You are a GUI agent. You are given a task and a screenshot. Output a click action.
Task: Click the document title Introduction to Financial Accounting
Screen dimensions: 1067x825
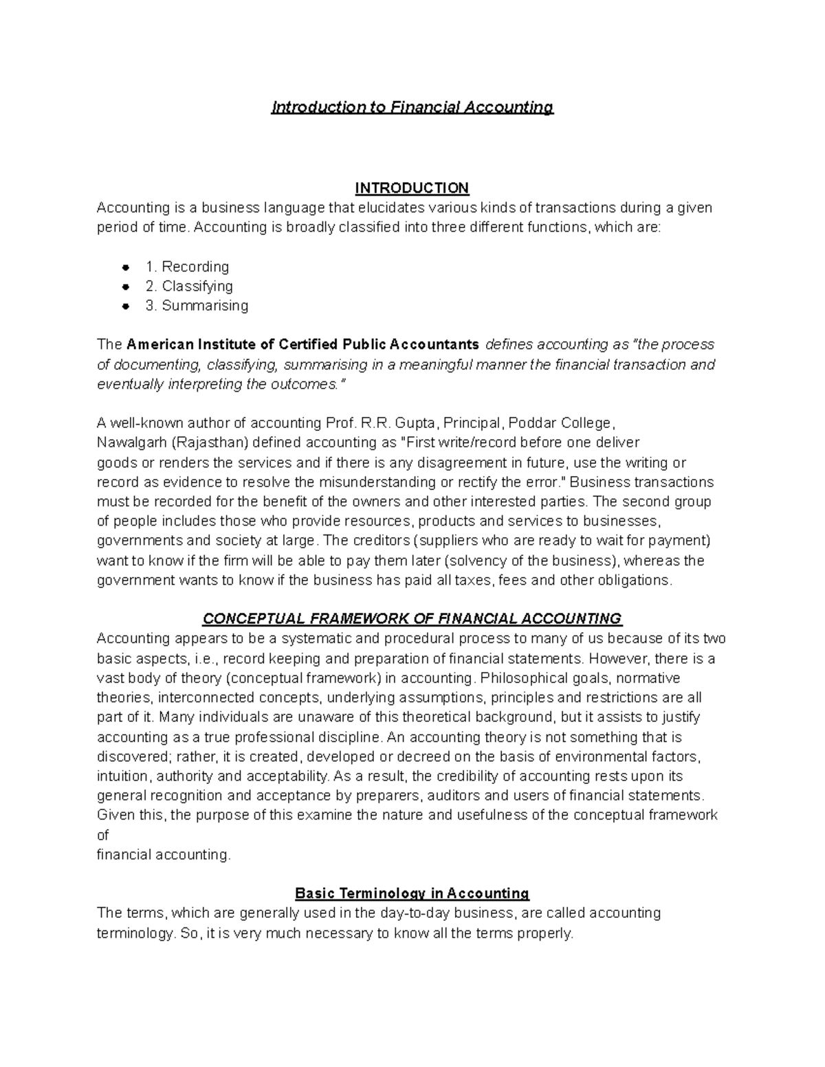click(x=412, y=107)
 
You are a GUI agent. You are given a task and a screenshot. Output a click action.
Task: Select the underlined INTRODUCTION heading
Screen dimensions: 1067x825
click(x=412, y=188)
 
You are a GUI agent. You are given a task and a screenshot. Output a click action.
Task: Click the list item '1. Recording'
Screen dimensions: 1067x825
click(x=187, y=267)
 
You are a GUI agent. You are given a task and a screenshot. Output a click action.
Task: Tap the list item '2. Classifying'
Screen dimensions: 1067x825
click(x=189, y=286)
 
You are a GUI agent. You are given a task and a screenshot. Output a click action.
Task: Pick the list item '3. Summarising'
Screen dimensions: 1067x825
click(x=197, y=306)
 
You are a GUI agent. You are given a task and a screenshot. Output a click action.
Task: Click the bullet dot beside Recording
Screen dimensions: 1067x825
click(x=125, y=267)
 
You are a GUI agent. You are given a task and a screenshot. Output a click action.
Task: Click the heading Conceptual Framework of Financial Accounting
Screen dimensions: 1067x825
click(x=412, y=619)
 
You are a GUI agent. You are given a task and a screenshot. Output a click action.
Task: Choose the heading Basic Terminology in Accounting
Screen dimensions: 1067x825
click(x=412, y=894)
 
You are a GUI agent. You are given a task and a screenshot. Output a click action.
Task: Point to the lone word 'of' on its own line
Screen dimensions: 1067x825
click(x=103, y=835)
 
